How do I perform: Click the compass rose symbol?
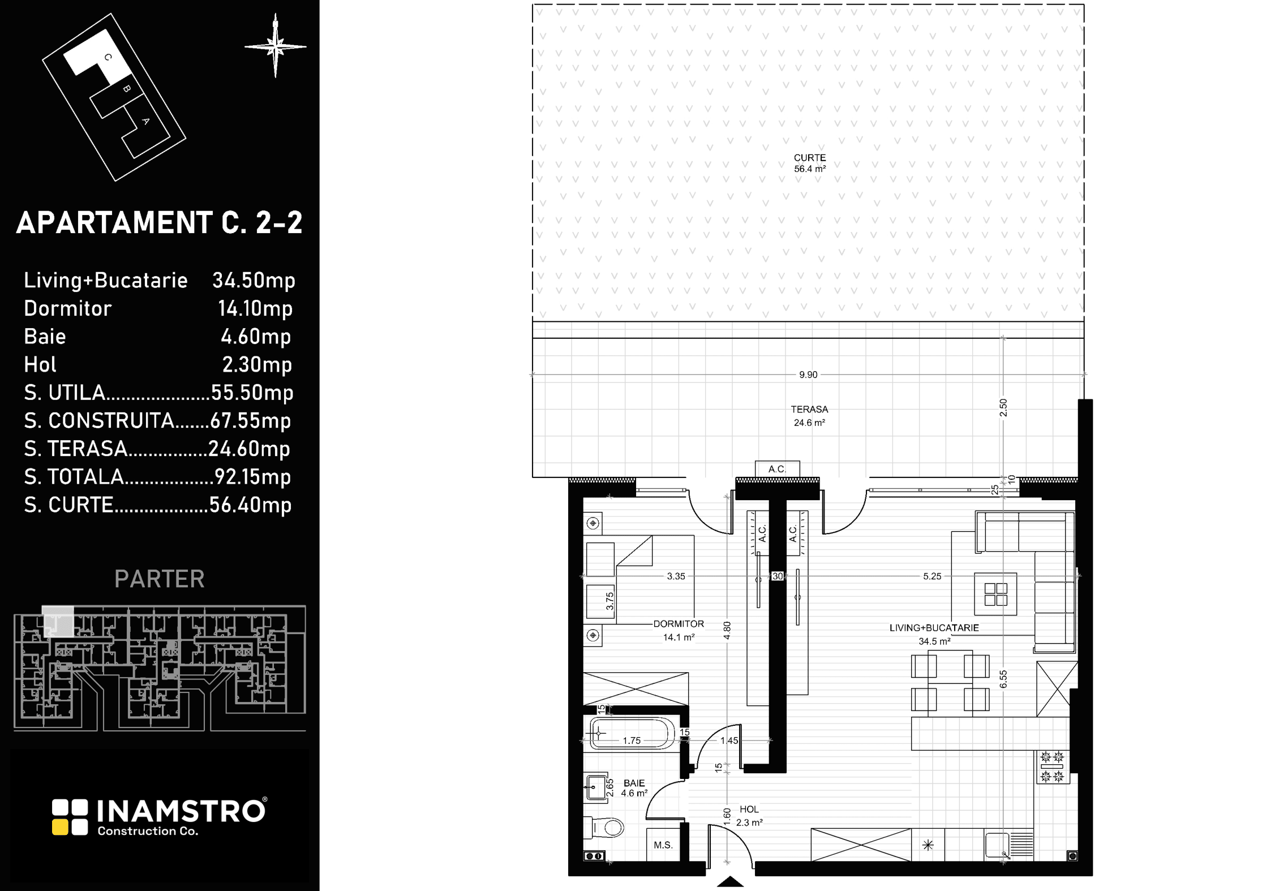[276, 46]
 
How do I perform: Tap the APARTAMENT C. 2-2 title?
[160, 222]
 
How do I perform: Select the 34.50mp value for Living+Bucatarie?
[254, 280]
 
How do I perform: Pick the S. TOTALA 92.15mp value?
[252, 477]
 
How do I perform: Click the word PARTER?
[160, 579]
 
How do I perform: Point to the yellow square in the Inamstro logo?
[59, 827]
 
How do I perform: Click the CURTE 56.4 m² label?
[810, 163]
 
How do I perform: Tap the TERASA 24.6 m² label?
[809, 416]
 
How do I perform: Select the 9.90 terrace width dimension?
[808, 375]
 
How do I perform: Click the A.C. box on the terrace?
[778, 469]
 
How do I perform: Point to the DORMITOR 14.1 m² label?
[679, 630]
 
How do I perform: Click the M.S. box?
[663, 845]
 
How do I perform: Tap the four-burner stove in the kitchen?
[1053, 767]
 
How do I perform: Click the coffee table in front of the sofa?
[995, 594]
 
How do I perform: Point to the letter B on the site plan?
[127, 89]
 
